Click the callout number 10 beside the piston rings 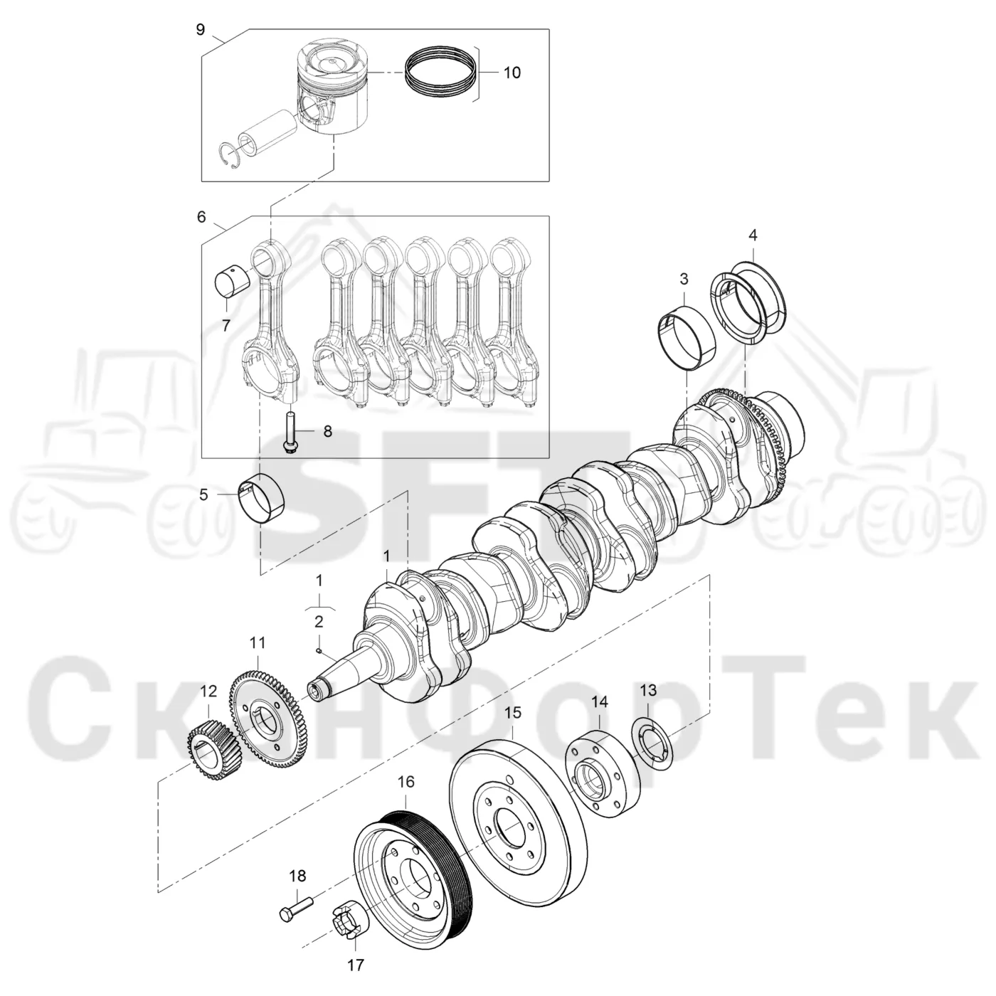(x=512, y=73)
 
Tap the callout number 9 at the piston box (x=201, y=29)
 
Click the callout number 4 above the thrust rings (x=753, y=235)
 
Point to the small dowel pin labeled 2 (x=319, y=650)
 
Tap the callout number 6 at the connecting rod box (x=201, y=217)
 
